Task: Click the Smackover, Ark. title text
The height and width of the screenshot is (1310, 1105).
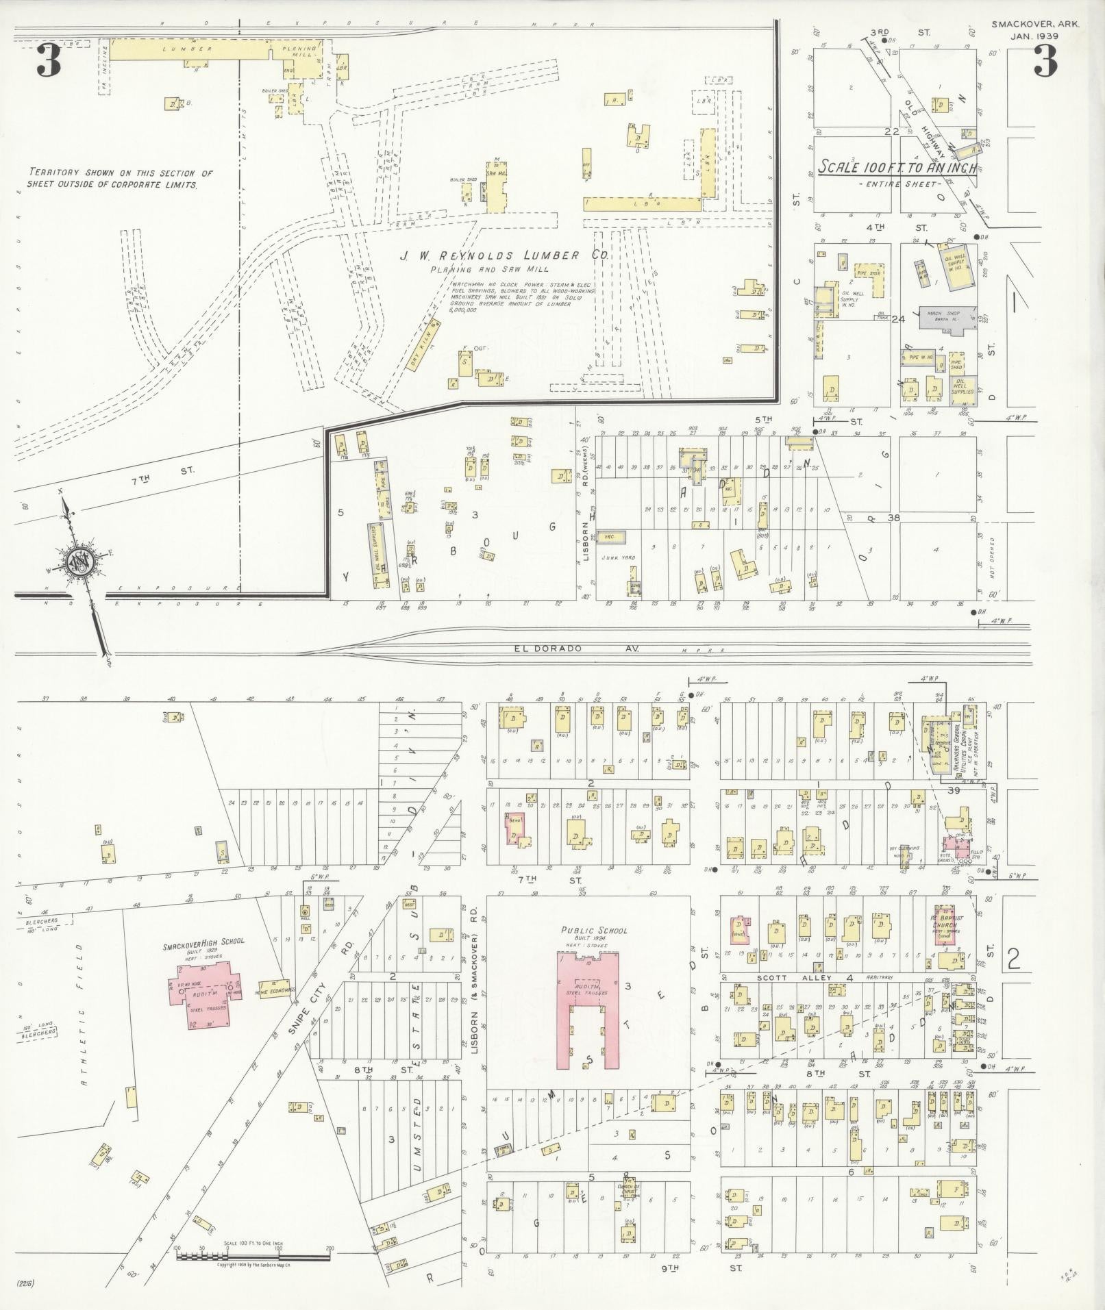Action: point(1035,23)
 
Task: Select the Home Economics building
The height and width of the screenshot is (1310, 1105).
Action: point(275,990)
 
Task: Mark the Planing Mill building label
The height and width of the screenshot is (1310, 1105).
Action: point(301,53)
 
